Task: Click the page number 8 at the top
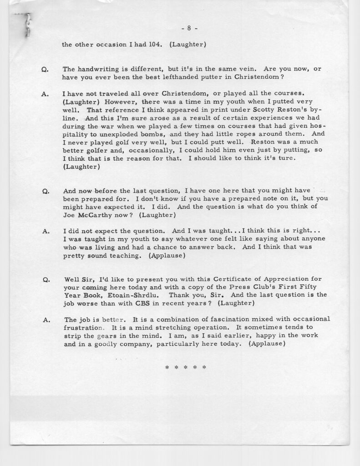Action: point(189,28)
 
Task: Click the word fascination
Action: point(219,319)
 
